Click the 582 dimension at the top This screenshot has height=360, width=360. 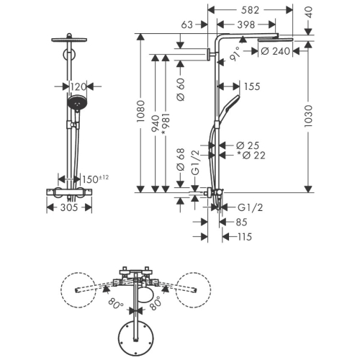coord(250,10)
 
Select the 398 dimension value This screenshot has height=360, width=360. coord(246,24)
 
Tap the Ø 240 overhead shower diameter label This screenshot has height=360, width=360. coord(275,51)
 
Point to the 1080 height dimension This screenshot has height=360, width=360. coord(140,112)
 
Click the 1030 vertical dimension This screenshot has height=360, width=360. coord(308,116)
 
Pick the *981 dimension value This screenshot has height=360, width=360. coord(166,125)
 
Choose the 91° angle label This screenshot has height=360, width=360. coord(235,54)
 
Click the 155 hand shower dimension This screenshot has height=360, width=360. coord(252,86)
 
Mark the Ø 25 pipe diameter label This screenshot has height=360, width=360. coord(248,145)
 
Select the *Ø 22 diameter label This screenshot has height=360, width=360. coord(251,156)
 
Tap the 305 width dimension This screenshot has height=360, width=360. coord(69,207)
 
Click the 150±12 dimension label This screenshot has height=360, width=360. coord(95,179)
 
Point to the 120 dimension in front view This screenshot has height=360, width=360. coord(78,86)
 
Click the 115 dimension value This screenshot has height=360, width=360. coord(245,237)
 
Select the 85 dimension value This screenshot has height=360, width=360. coord(242,222)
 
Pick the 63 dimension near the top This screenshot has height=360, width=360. coord(187,24)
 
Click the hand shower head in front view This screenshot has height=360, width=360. coord(77,104)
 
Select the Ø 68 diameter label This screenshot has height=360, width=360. coord(181,160)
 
